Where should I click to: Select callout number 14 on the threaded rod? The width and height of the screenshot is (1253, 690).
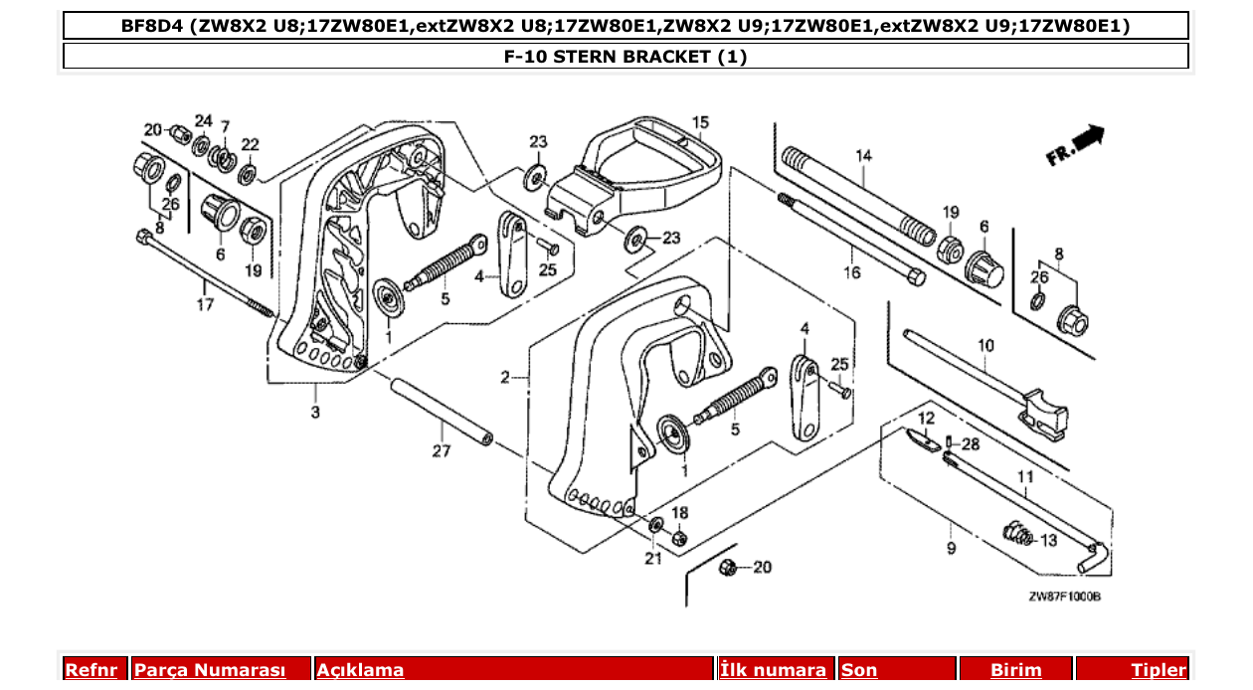tap(862, 155)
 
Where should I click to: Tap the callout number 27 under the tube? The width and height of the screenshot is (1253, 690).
tap(442, 451)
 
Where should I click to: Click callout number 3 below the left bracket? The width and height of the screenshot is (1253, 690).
tap(315, 412)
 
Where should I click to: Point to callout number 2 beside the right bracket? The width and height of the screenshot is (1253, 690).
tap(505, 378)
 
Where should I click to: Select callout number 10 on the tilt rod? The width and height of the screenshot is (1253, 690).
tap(984, 346)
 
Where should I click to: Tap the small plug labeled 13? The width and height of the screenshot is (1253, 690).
tap(1017, 536)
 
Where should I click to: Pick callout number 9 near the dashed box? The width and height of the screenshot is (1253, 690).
tap(951, 548)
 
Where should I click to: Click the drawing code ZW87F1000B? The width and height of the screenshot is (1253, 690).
tap(1064, 597)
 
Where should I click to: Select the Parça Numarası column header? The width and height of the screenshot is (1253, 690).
tap(210, 670)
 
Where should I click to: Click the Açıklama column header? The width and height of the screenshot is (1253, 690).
tap(360, 670)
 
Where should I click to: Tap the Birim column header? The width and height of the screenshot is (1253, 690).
tap(1015, 670)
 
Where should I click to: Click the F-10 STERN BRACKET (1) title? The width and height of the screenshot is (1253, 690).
tap(626, 57)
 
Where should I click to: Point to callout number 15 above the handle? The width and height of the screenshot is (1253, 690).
tap(700, 122)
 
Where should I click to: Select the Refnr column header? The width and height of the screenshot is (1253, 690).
tap(91, 670)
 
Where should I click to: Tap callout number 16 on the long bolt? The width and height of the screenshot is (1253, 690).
tap(852, 272)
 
